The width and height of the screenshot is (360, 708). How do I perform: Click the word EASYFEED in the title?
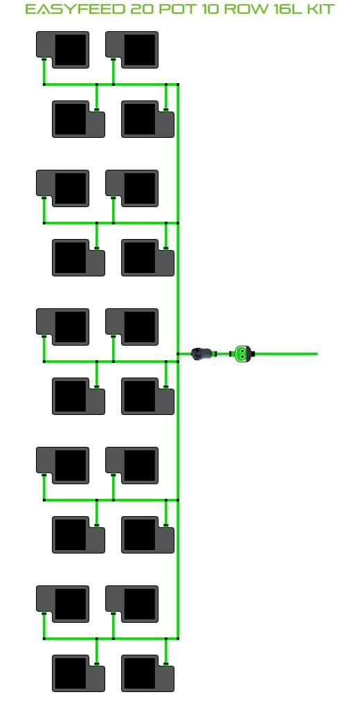pyautogui.click(x=75, y=9)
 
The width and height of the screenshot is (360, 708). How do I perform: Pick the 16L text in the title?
pyautogui.click(x=287, y=9)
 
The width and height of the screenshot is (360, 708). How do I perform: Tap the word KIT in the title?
pyautogui.click(x=320, y=9)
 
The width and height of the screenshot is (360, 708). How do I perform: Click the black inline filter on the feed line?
pyautogui.click(x=201, y=354)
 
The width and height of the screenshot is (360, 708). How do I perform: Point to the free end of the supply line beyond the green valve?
pyautogui.click(x=317, y=354)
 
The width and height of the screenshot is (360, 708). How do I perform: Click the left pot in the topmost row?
pyautogui.click(x=63, y=50)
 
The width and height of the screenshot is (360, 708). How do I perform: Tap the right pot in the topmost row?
pyautogui.click(x=132, y=50)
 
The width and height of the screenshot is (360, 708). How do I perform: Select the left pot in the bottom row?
pyautogui.click(x=78, y=673)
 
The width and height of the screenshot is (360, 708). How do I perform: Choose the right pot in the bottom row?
pyautogui.click(x=147, y=673)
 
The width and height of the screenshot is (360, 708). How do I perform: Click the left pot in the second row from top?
pyautogui.click(x=78, y=118)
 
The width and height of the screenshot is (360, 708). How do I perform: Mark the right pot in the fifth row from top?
pyautogui.click(x=132, y=327)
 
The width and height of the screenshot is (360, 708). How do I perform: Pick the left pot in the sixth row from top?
pyautogui.click(x=78, y=396)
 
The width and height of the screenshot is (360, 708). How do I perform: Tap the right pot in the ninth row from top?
pyautogui.click(x=132, y=604)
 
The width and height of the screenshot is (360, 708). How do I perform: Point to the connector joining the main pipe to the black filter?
pyautogui.click(x=178, y=354)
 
